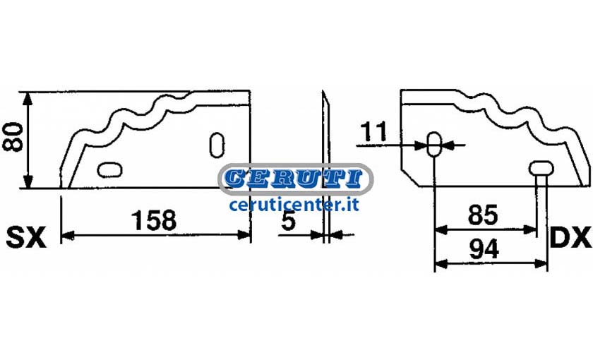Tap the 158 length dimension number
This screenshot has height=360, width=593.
[154, 220]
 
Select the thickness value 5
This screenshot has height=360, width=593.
[288, 220]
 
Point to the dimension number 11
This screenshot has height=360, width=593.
[373, 131]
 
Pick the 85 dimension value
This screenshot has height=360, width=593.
[483, 215]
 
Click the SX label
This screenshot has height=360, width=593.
[26, 237]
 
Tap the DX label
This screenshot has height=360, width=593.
[570, 237]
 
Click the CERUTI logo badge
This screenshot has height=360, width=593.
[296, 179]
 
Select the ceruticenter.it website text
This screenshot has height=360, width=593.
[294, 205]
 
